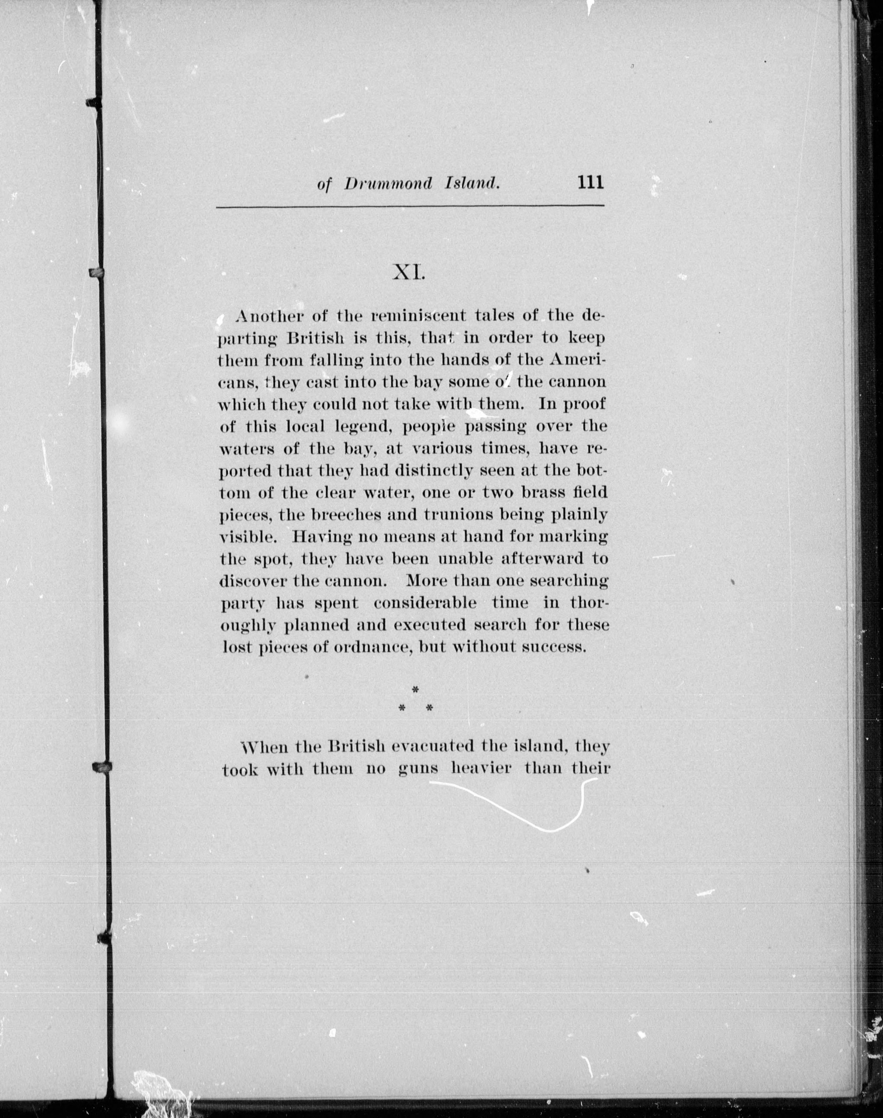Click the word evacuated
(433, 747)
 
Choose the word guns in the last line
(418, 770)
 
